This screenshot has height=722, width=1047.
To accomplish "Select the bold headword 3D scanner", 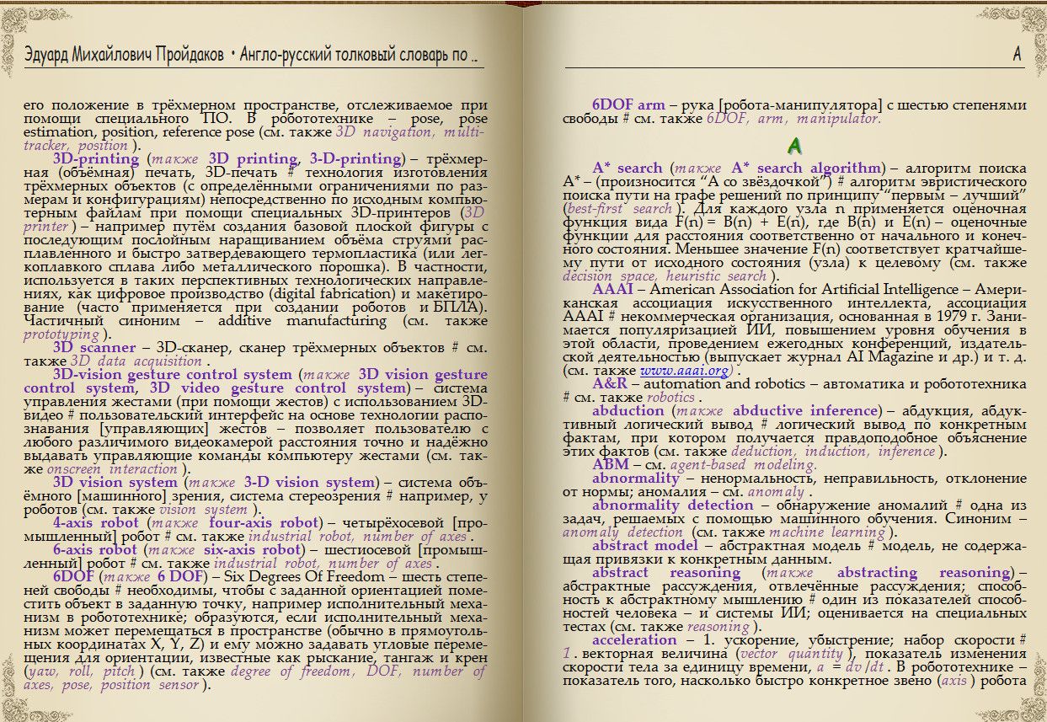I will (x=94, y=347).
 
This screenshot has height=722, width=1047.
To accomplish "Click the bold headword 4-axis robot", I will (x=96, y=522).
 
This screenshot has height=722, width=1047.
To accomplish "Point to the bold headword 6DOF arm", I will (x=628, y=105).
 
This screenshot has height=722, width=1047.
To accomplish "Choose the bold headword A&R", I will (x=610, y=383).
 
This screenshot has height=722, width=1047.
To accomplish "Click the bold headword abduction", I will (x=628, y=410).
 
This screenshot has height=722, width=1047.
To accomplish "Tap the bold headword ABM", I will (x=610, y=464).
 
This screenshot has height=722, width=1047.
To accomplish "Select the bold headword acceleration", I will (x=634, y=639).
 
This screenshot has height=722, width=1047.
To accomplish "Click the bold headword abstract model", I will (x=644, y=545).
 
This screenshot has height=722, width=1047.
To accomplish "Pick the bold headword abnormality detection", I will (x=672, y=505).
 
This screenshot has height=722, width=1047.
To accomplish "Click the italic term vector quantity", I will (x=791, y=654).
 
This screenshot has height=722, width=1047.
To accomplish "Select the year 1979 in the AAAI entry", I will (x=945, y=316).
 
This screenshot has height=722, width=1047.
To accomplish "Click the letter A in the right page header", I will (x=1017, y=55).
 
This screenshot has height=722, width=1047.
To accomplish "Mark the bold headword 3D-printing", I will (x=96, y=158).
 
